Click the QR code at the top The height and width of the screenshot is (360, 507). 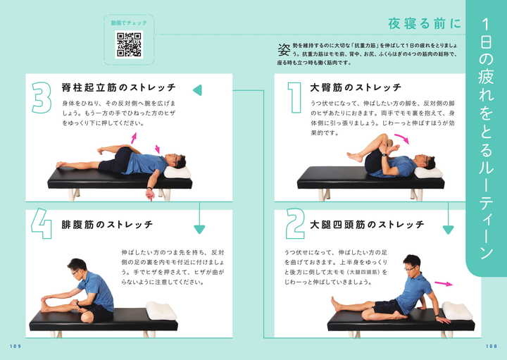pos(128,44)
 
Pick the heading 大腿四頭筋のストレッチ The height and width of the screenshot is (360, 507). pos(367,225)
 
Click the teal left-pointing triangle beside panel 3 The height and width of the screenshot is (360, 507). pos(198,89)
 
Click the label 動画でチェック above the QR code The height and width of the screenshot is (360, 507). pos(128,23)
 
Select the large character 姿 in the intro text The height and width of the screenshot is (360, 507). pos(284,49)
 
